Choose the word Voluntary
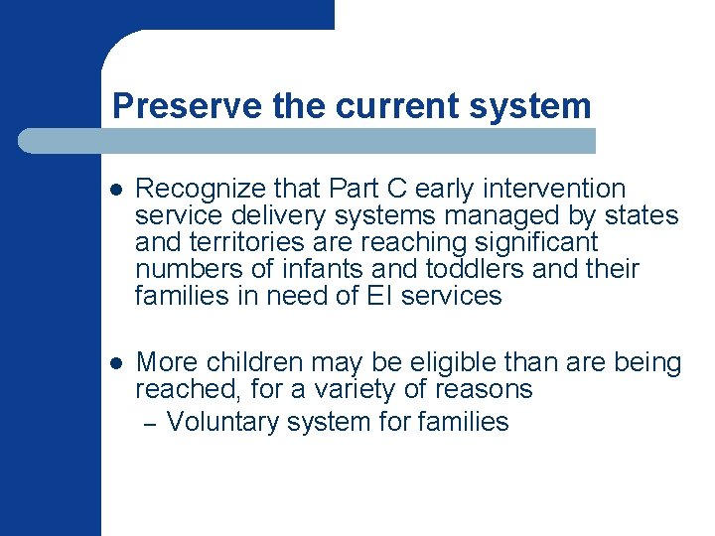pyautogui.click(x=223, y=422)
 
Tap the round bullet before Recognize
pyautogui.click(x=116, y=190)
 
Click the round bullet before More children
pyautogui.click(x=116, y=364)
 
